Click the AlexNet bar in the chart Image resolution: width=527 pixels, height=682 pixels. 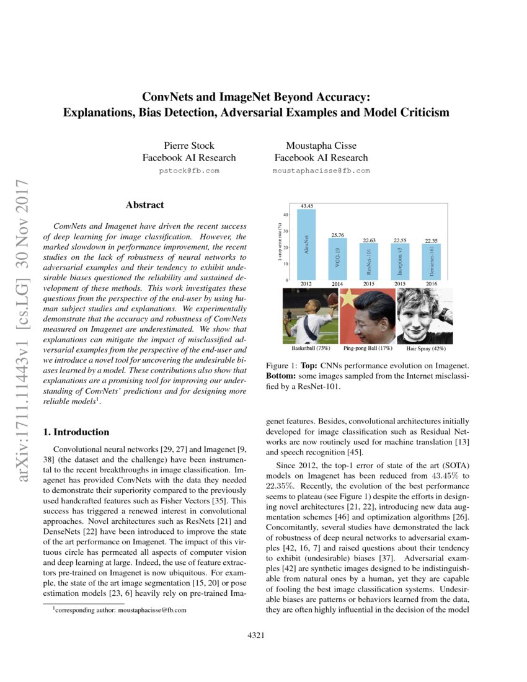pos(307,244)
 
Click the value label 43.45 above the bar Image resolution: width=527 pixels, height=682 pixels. pos(307,205)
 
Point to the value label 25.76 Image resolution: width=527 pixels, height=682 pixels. pos(337,235)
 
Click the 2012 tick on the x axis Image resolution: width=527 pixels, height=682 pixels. pos(307,284)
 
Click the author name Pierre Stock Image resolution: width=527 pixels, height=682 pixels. pos(188,146)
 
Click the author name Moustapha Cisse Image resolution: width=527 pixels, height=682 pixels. pos(321,146)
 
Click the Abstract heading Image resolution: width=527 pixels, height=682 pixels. pos(144,205)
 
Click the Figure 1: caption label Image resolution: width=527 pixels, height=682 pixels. pos(281,366)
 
